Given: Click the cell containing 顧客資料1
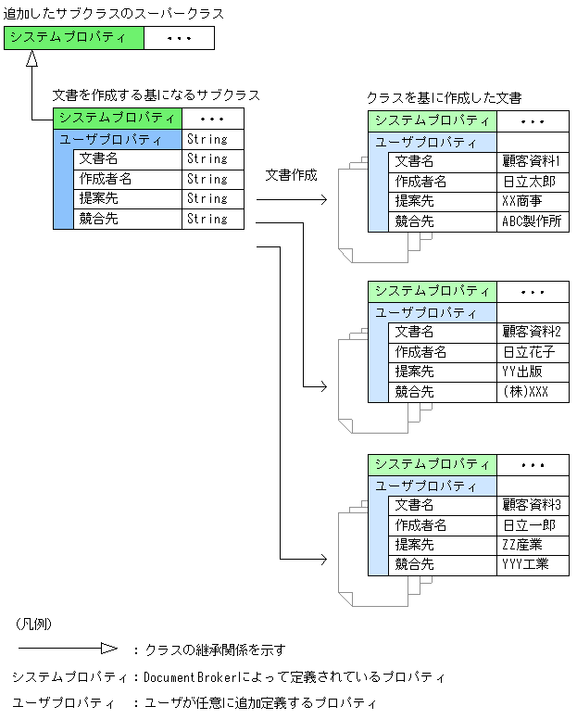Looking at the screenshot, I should pyautogui.click(x=533, y=161).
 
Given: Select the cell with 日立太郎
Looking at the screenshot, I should pyautogui.click(x=533, y=182).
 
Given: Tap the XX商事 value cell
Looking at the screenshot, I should pyautogui.click(x=533, y=201).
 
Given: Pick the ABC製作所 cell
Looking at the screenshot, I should pyautogui.click(x=533, y=221).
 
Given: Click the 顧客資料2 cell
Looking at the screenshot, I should pyautogui.click(x=533, y=332).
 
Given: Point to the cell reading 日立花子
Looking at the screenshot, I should pyautogui.click(x=533, y=352).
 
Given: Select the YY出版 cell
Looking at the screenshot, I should pyautogui.click(x=533, y=372).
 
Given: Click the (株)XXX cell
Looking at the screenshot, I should pyautogui.click(x=533, y=392).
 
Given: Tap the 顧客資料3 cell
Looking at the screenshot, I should pyautogui.click(x=533, y=505).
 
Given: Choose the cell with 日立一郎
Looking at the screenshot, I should pyautogui.click(x=533, y=525).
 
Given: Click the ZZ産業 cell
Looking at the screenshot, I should pyautogui.click(x=533, y=545).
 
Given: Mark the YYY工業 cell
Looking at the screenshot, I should pyautogui.click(x=533, y=564).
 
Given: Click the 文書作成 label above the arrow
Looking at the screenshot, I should pyautogui.click(x=291, y=175).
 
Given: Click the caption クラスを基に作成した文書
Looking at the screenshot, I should pyautogui.click(x=444, y=97).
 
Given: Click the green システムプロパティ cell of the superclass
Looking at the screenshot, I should pyautogui.click(x=74, y=38).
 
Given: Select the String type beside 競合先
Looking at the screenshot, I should pyautogui.click(x=207, y=220).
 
